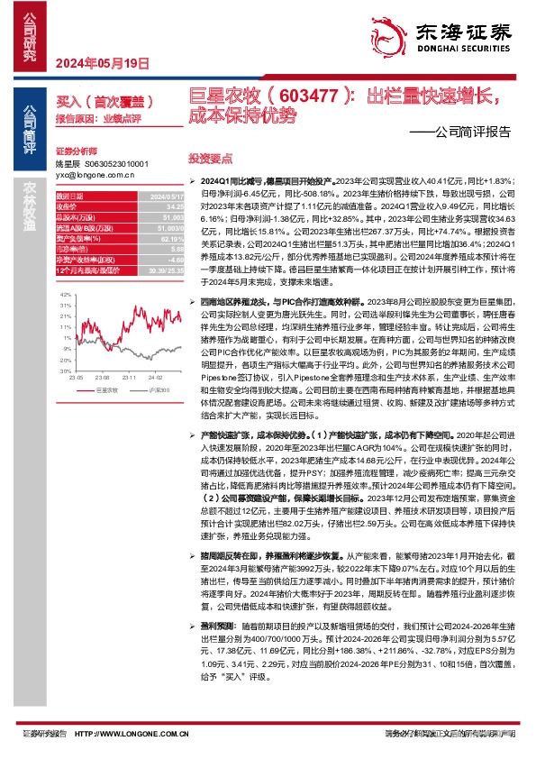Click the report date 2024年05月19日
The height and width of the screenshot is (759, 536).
pyautogui.click(x=102, y=63)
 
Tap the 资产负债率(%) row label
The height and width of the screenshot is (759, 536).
pyautogui.click(x=75, y=239)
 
